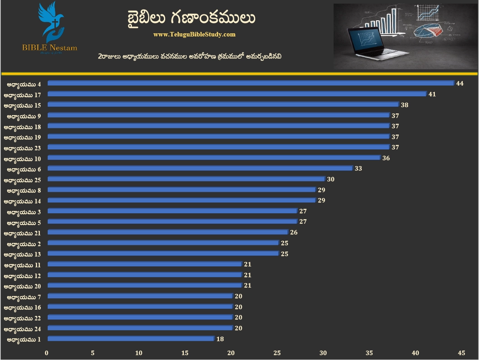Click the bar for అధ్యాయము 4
[250, 83]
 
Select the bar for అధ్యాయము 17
[237, 94]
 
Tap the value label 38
[404, 105]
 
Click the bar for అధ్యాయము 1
[131, 339]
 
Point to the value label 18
[220, 339]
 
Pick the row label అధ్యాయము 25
[23, 180]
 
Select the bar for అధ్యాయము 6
[200, 168]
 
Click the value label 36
[386, 158]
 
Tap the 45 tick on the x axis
[461, 353]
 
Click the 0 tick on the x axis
[47, 353]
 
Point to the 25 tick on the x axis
[277, 353]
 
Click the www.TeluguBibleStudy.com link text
[194, 34]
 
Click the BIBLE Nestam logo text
[50, 47]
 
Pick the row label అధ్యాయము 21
[23, 233]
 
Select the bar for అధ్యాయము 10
[214, 158]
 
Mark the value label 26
[294, 233]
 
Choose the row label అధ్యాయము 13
[23, 254]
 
